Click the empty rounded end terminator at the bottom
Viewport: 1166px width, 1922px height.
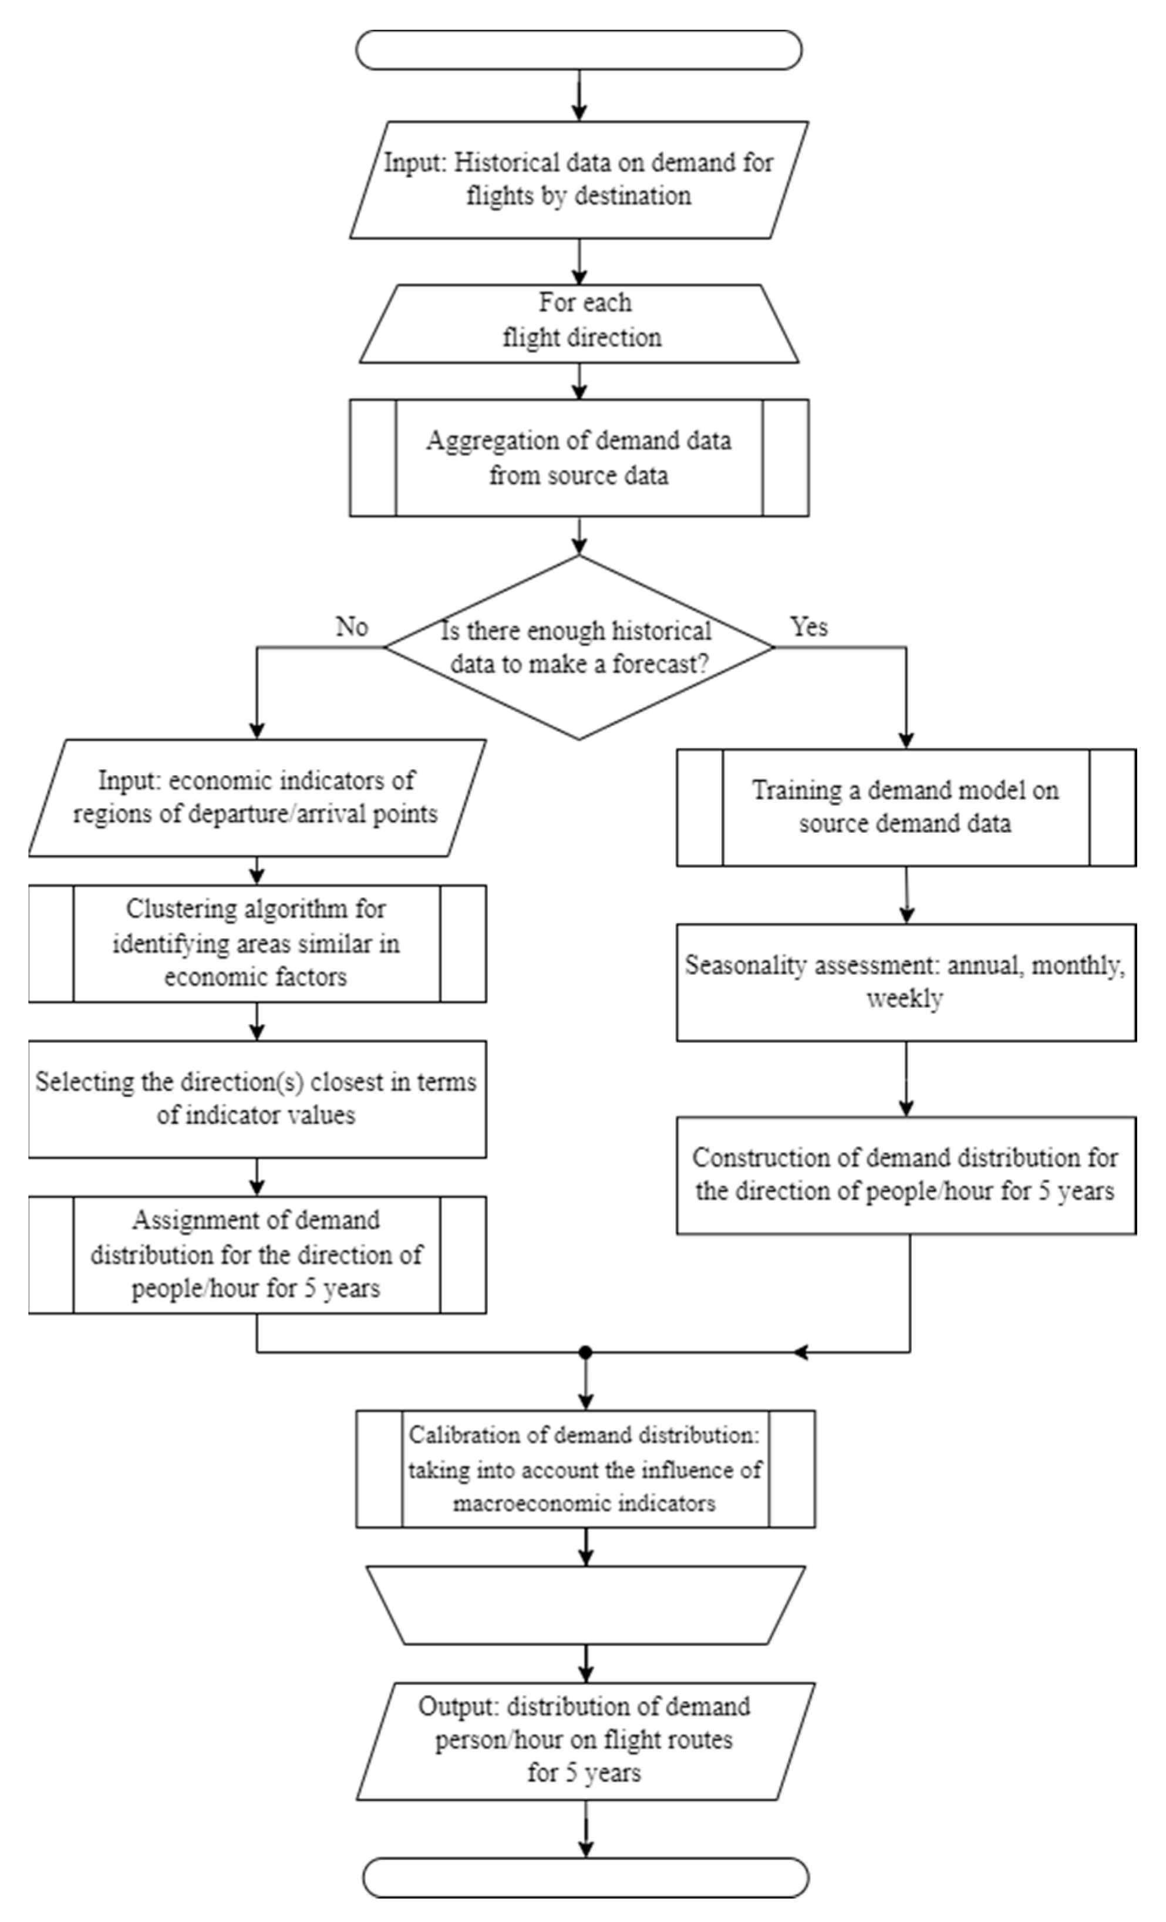pos(585,1877)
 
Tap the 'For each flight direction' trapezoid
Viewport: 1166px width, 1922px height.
pos(579,322)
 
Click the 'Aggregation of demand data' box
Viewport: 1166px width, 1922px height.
pos(579,458)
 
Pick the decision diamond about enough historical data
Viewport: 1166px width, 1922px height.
pos(579,648)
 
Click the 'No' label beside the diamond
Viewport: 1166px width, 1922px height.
pos(352,627)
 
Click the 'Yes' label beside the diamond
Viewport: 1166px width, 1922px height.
pos(809,627)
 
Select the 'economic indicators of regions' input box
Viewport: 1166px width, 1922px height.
pos(257,797)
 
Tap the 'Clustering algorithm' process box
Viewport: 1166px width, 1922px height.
pos(257,943)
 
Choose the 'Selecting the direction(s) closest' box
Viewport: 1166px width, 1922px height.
pos(257,1098)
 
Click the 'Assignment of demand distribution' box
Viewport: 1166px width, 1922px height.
pos(257,1254)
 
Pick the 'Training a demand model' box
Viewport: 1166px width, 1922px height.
pos(905,807)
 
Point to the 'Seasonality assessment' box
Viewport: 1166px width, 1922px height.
pos(905,982)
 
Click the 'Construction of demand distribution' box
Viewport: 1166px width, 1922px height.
pos(905,1174)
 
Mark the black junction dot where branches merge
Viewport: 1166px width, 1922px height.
pos(586,1352)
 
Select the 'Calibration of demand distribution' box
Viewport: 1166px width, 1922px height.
pos(585,1469)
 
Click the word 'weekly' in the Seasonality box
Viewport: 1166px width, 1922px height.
pos(905,999)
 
